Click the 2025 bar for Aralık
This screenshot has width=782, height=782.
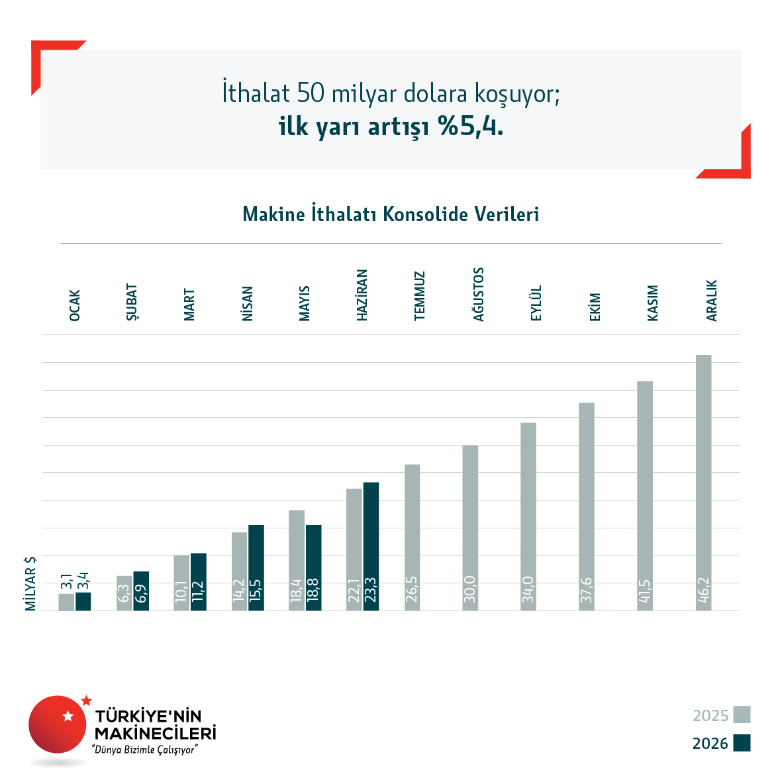pos(703,482)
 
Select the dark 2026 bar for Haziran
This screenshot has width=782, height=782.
pos(371,546)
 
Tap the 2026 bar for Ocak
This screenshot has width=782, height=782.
pos(83,601)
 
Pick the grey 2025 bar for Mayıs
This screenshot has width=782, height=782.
pos(297,560)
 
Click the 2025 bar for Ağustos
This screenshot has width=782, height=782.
pos(470,528)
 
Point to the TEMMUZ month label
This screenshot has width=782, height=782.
pos(419,296)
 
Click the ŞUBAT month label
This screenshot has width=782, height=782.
pos(132,302)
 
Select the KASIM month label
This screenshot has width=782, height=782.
pos(652,303)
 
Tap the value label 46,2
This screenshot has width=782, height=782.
pos(703,590)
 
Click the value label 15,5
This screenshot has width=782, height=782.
pos(256,590)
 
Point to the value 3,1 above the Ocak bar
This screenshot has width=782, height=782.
pos(66,581)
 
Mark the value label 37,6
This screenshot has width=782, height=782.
pos(587,590)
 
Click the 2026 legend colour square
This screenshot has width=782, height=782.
pos(742,742)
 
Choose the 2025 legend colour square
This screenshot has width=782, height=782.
pos(742,714)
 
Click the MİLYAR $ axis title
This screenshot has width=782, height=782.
pos(30,583)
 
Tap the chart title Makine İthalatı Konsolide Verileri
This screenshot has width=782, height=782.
pos(391,214)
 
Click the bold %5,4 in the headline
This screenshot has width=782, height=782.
pos(471,126)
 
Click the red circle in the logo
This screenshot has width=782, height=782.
pos(58,724)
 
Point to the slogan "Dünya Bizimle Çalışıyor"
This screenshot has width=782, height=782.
pos(145,750)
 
